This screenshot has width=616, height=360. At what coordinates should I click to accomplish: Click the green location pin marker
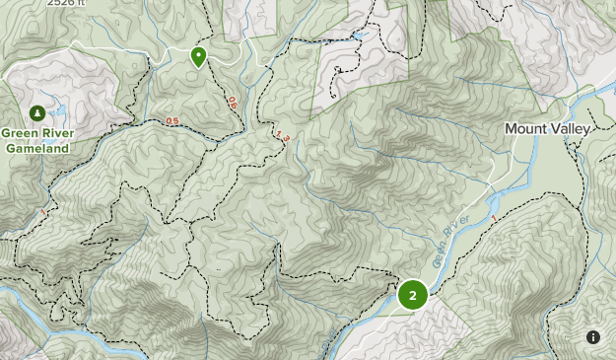(199, 56)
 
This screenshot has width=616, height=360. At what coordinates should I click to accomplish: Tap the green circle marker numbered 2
(412, 295)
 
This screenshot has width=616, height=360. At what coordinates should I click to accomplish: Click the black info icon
(593, 337)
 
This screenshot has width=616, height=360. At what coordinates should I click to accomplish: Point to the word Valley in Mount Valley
(572, 129)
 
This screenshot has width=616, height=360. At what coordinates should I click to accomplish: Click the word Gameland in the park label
(36, 148)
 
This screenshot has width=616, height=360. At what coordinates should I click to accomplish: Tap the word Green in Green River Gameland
(19, 134)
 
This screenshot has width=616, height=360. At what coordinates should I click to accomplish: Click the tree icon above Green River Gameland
(36, 112)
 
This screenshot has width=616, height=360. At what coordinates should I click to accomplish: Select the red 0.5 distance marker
(172, 121)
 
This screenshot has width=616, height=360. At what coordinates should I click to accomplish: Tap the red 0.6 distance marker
(233, 102)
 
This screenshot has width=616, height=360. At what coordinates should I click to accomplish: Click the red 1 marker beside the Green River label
(493, 217)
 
